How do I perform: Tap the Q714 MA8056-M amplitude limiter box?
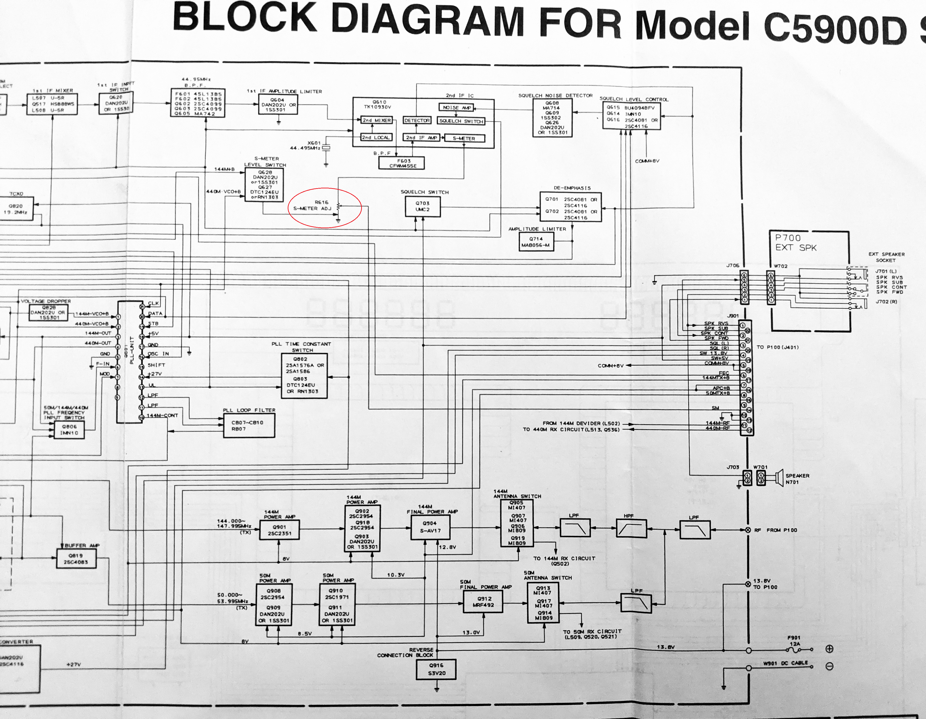(536, 242)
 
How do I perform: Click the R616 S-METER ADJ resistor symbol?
(338, 207)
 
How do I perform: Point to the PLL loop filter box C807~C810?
(249, 426)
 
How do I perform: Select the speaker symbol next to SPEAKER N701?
(779, 478)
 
